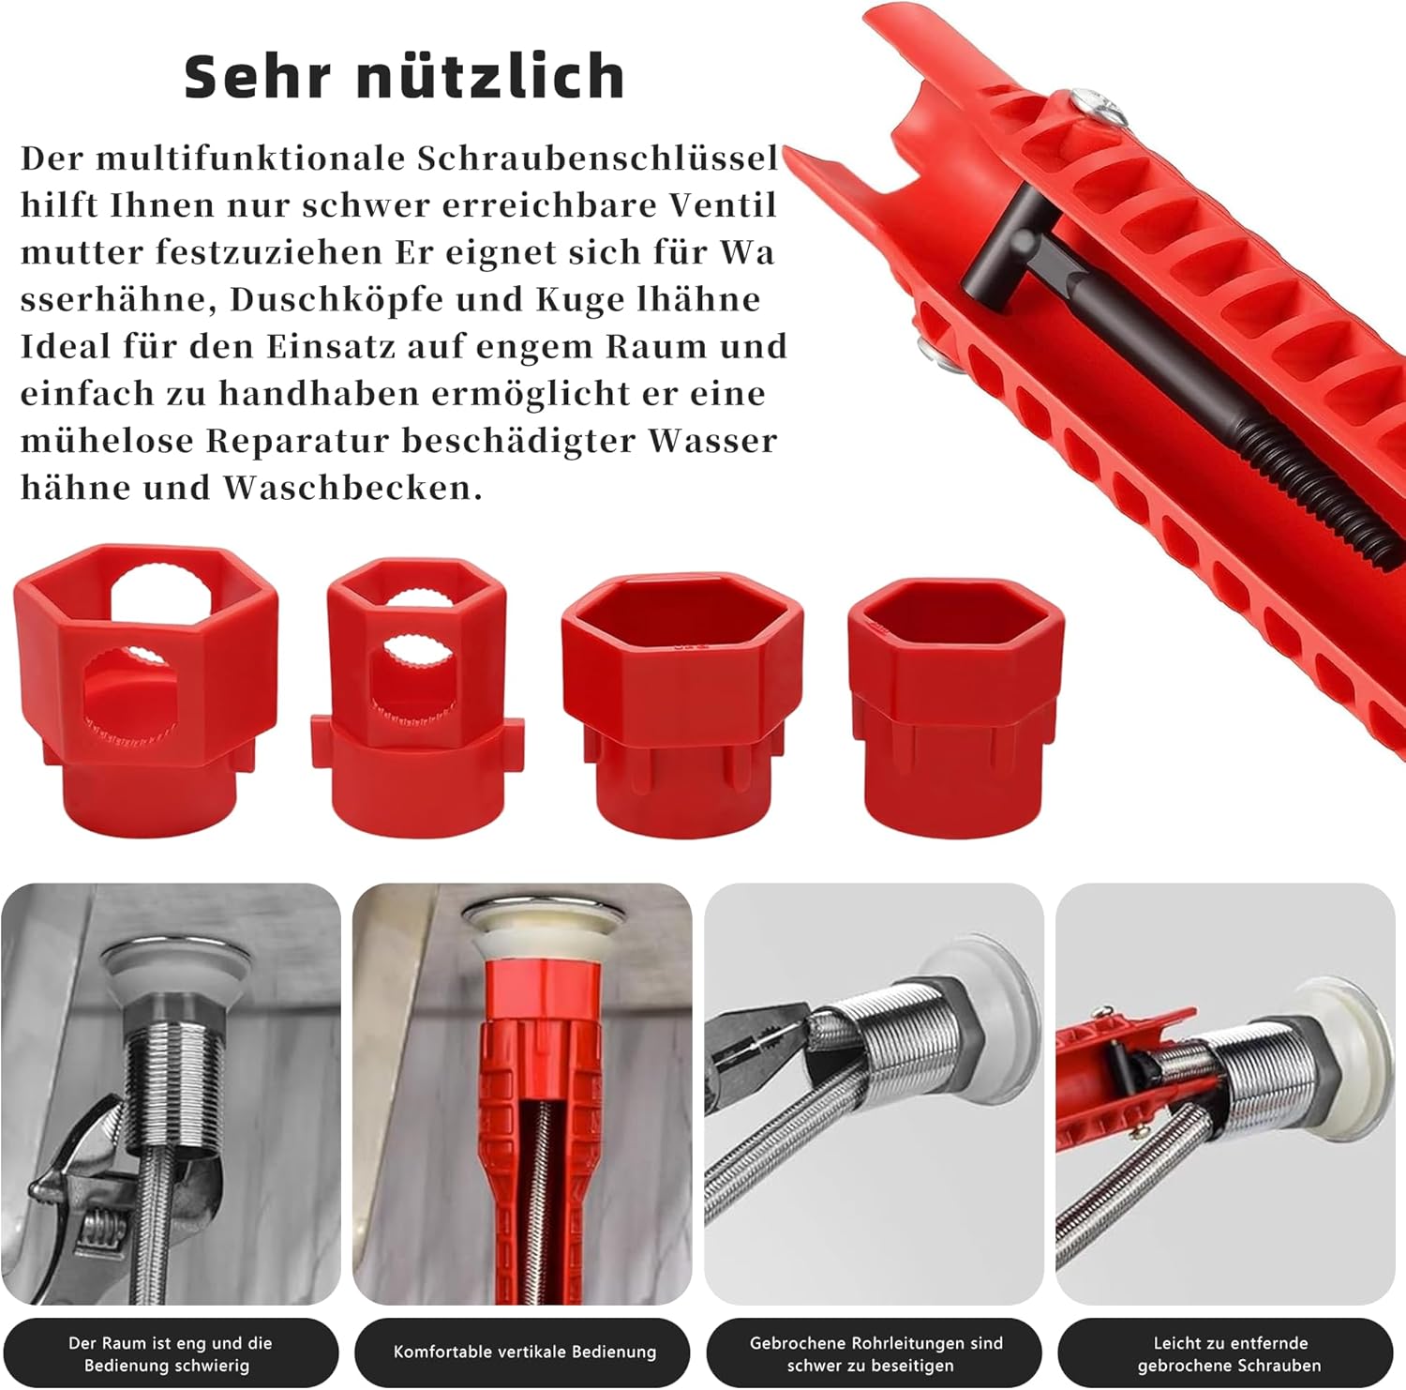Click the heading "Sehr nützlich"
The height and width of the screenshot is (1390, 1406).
[x=405, y=76]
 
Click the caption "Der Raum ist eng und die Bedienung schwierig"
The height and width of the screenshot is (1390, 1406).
[x=170, y=1353]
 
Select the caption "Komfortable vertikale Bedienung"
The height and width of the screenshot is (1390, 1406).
[x=525, y=1352]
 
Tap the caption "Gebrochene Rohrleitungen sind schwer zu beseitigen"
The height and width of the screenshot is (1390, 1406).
[x=875, y=1353]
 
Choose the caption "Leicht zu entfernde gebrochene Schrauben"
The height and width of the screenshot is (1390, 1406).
[x=1229, y=1353]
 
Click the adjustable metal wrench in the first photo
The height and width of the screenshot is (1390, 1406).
[x=103, y=1191]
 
